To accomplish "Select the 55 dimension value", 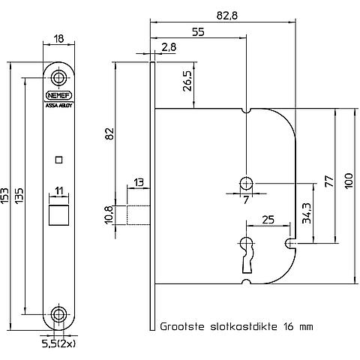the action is [x=198, y=32].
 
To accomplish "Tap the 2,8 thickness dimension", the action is [x=169, y=47].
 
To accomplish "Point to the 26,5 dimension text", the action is [x=187, y=81].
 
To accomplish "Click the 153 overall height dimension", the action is [x=4, y=196].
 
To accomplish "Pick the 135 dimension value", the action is [x=19, y=196].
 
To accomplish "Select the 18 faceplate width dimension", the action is [x=58, y=39].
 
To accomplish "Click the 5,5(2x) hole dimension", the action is [x=58, y=344].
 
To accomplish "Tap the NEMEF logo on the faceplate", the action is [x=59, y=95].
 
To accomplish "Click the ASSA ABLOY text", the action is [x=59, y=106].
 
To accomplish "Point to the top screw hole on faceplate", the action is [x=59, y=77].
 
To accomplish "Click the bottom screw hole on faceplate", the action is [x=59, y=314].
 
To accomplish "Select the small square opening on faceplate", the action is [x=58, y=160].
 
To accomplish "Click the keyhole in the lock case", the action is [x=247, y=255].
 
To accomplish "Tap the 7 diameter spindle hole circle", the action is [x=247, y=184].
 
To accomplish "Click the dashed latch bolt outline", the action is [x=138, y=215].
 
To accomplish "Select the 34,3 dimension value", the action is [x=306, y=213].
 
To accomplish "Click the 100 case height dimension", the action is [x=349, y=181].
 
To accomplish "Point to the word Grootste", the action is [x=182, y=326].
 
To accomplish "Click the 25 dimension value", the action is [x=268, y=220].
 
